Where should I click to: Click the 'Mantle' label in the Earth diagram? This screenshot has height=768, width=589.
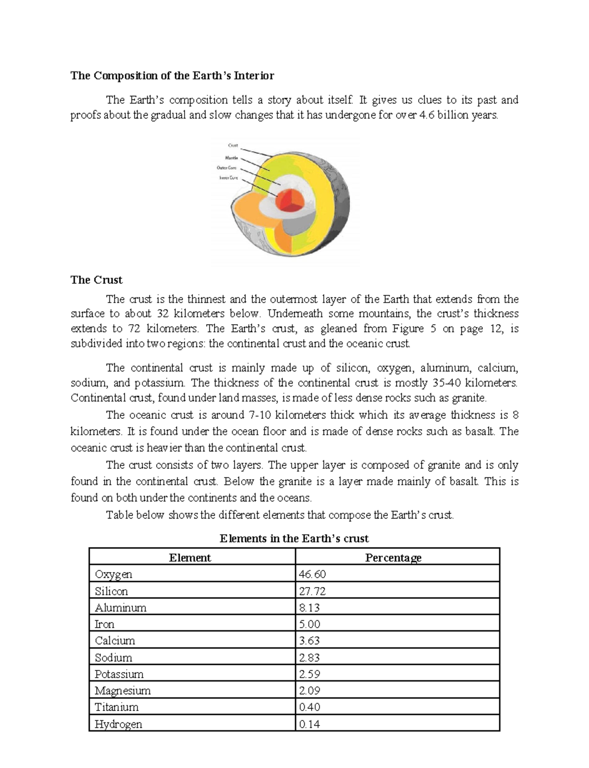tap(231, 158)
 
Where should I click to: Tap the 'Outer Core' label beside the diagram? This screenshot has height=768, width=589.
tap(227, 168)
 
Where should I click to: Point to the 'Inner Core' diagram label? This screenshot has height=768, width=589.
tap(228, 178)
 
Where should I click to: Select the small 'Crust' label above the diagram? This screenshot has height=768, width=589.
tap(233, 145)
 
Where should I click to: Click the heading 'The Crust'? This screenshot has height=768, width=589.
tap(96, 280)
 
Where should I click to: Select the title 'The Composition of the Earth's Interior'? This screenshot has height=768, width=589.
tap(172, 76)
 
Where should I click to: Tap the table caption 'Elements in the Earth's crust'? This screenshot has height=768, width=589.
tap(294, 539)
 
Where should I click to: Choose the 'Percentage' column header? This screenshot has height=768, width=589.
tap(393, 558)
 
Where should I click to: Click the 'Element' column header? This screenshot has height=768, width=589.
tap(189, 558)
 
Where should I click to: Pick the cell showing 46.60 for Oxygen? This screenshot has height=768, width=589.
tap(313, 575)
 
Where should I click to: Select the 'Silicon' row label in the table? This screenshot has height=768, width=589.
tap(111, 591)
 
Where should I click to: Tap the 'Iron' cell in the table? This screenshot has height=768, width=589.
tap(105, 625)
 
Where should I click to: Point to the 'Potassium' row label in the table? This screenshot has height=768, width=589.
tap(119, 674)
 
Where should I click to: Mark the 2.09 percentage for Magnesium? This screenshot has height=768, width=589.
tap(310, 691)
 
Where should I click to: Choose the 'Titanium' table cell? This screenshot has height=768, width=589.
tap(117, 708)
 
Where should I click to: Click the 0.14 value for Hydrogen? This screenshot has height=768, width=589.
tap(310, 724)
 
